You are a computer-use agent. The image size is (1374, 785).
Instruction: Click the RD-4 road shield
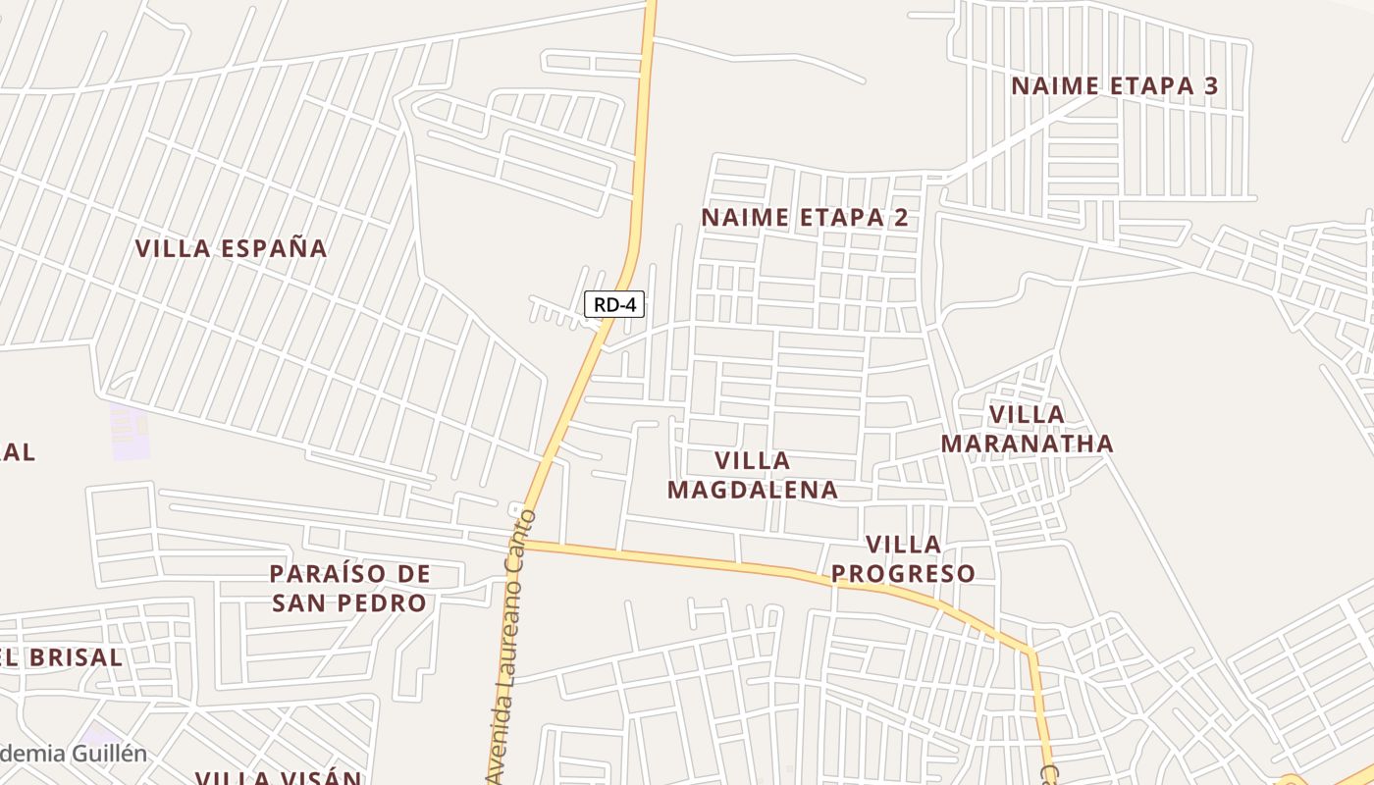tap(614, 304)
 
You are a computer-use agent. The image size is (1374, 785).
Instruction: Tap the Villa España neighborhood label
tap(231, 248)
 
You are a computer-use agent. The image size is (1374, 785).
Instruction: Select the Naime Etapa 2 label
tap(805, 218)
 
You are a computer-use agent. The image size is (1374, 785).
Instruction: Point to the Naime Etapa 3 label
tap(1114, 86)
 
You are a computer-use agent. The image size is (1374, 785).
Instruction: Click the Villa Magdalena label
tap(753, 475)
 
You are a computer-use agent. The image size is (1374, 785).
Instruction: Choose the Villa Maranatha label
tap(1028, 429)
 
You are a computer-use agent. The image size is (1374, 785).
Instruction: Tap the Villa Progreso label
tap(903, 558)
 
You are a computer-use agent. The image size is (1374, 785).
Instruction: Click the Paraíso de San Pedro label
tap(350, 588)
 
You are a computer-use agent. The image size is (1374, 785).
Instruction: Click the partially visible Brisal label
tap(61, 657)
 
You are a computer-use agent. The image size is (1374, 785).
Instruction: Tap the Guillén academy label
tap(74, 754)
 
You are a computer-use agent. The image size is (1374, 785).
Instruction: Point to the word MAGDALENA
tap(753, 489)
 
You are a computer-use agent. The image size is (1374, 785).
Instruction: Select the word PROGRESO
tap(903, 573)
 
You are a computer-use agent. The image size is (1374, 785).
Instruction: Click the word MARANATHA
tap(1028, 444)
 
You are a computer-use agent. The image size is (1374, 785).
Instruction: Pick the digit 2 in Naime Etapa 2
tap(900, 218)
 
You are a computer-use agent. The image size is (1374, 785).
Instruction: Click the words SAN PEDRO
tap(350, 602)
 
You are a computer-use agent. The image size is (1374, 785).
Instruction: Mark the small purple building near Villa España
tap(129, 432)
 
